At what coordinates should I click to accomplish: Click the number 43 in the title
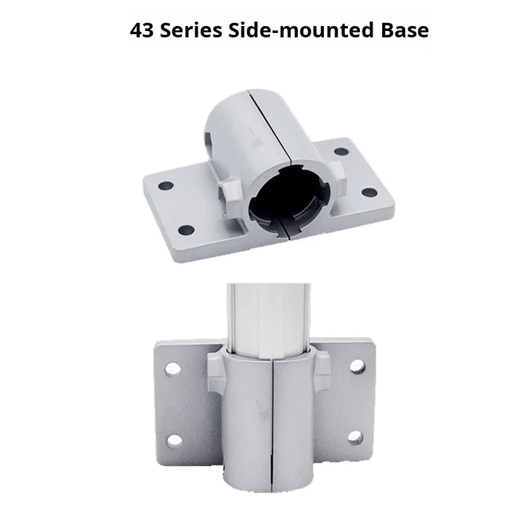tap(141, 30)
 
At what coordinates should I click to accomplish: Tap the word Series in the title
tap(188, 30)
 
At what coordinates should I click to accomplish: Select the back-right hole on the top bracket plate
tap(340, 151)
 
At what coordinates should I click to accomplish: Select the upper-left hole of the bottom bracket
tap(170, 368)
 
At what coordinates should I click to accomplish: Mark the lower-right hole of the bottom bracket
tap(355, 437)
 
